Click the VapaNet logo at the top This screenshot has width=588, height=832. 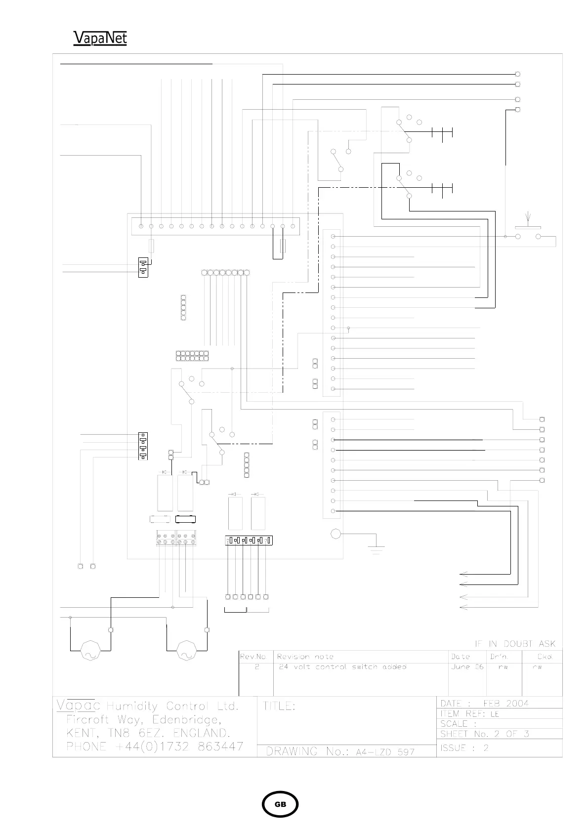pos(100,38)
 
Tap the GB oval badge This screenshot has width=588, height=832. pos(280,804)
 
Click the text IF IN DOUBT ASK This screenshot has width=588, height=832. pos(515,644)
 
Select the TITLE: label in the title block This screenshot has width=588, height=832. pos(280,707)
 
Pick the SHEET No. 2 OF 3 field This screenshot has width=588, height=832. pos(485,734)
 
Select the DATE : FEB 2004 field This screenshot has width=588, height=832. pos(484,703)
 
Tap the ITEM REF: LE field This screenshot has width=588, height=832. pos(470,714)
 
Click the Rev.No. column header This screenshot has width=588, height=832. pos(254,657)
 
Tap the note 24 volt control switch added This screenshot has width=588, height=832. pos(341,667)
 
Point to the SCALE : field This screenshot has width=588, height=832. pos(459,724)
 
